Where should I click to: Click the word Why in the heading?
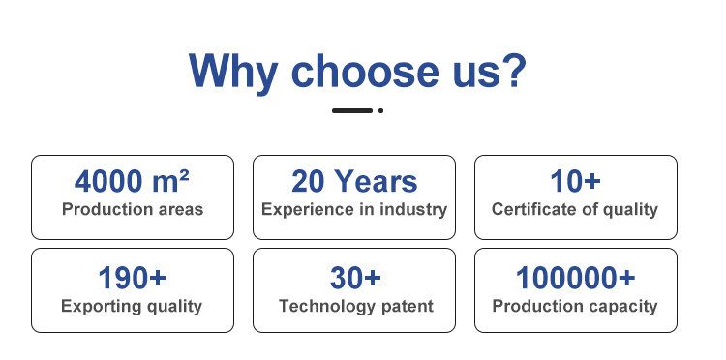click(x=233, y=73)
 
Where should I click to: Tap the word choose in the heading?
click(x=364, y=71)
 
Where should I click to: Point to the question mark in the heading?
click(x=514, y=70)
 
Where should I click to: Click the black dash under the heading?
click(x=352, y=110)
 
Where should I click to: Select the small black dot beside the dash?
click(x=380, y=110)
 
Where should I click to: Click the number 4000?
click(x=108, y=181)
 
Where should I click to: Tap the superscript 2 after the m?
click(x=184, y=174)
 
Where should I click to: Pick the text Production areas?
click(x=133, y=209)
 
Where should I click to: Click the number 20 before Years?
click(x=308, y=181)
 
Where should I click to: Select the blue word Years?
click(x=376, y=181)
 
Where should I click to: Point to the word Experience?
click(x=309, y=210)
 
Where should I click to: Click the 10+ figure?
click(x=576, y=181)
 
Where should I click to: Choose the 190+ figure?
click(x=132, y=278)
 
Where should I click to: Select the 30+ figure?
click(x=355, y=278)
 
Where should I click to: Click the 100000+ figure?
click(x=576, y=278)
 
